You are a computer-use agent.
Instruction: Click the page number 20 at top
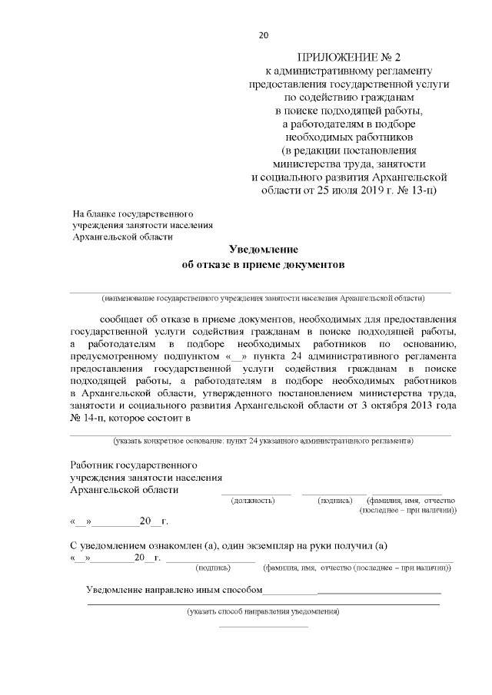pos(264,35)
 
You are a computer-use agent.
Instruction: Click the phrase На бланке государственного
pos(132,212)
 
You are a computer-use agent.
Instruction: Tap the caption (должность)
pos(253,501)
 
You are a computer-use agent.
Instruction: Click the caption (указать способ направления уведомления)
pos(264,612)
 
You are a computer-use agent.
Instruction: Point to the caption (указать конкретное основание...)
pos(264,442)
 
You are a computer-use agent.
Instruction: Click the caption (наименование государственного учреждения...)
pos(264,297)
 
